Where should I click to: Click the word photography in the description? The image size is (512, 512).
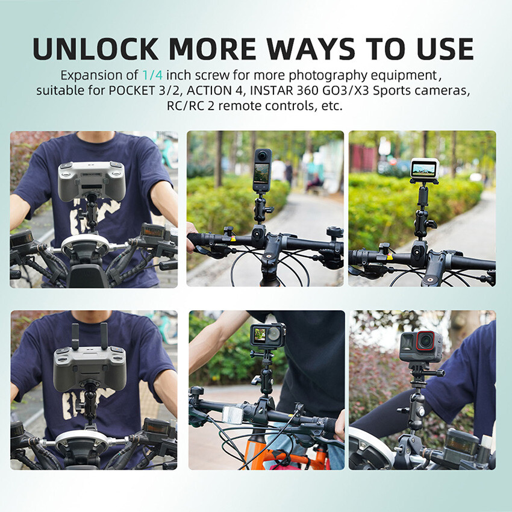(x=319, y=76)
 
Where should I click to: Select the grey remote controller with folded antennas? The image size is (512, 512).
(x=92, y=180)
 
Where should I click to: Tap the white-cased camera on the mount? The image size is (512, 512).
(x=424, y=169)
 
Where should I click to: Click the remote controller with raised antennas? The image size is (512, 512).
(x=90, y=367)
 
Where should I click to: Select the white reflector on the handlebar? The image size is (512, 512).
(x=231, y=414)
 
